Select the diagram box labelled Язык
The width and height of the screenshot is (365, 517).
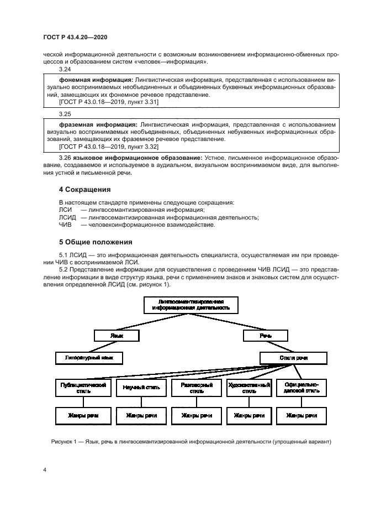(116, 335)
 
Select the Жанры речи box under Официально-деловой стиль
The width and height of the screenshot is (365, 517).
(301, 416)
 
